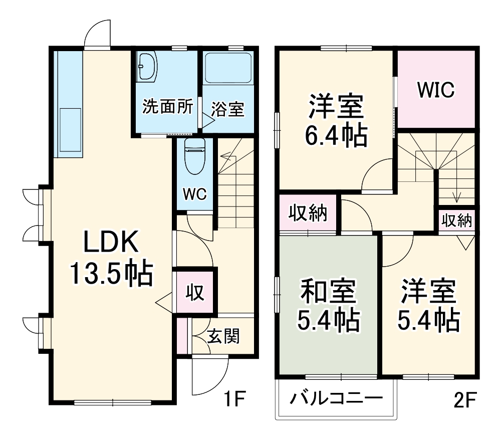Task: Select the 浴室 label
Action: [227, 109]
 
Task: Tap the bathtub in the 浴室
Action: [228, 68]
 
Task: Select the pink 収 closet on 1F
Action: [195, 292]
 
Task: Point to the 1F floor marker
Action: [233, 400]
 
